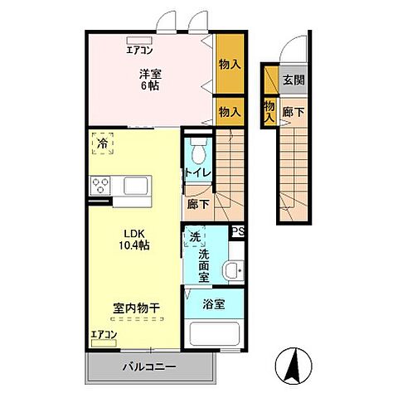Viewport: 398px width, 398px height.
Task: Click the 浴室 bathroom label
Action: (x=213, y=304)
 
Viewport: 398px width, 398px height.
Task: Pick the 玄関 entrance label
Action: (x=292, y=80)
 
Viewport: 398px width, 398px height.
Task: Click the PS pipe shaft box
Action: (x=238, y=233)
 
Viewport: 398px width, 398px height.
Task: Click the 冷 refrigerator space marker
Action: (x=102, y=142)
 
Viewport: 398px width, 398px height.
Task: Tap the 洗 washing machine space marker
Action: (x=194, y=236)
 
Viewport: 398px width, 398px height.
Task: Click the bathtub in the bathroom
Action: (x=213, y=336)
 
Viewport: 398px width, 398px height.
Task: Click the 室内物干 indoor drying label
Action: (x=136, y=308)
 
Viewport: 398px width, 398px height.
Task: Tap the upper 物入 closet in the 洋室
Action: (x=230, y=63)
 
